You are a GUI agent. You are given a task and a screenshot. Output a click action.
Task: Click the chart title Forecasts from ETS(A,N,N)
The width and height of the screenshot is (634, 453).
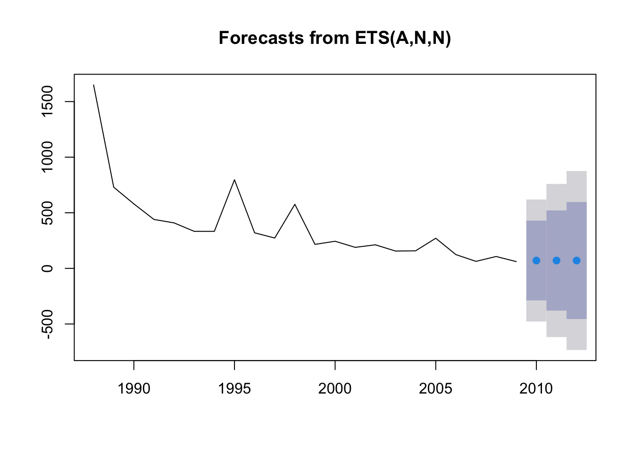(334, 38)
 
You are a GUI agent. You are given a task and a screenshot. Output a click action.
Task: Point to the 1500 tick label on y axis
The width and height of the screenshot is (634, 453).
(47, 101)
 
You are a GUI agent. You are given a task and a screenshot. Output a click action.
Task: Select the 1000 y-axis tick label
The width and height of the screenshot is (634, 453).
(47, 157)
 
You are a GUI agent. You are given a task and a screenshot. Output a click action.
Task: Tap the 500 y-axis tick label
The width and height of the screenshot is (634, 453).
(47, 213)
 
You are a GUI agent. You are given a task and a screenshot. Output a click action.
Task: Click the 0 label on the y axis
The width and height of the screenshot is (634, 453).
(47, 268)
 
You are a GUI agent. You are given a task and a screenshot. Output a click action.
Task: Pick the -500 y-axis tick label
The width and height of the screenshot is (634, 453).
(47, 324)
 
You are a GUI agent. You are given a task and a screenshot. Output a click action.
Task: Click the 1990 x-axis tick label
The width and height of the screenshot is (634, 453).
(134, 389)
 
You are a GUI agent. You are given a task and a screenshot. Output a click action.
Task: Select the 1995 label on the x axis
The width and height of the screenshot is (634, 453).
(234, 389)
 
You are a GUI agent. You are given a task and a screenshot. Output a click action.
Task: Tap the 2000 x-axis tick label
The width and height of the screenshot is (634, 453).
(335, 389)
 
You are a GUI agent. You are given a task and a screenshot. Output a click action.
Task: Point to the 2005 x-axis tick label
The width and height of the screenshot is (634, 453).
(435, 389)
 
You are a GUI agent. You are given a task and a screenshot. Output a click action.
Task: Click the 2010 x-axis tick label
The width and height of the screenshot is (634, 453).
(536, 389)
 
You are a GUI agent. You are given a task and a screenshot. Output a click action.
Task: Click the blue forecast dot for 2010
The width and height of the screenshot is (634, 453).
(536, 260)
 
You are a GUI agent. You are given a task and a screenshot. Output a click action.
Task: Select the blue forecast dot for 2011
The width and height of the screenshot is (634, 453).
(557, 260)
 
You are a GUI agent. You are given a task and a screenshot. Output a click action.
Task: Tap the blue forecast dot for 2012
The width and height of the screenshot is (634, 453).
(576, 260)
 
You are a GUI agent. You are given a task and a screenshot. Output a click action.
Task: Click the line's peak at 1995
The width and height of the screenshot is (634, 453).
(234, 180)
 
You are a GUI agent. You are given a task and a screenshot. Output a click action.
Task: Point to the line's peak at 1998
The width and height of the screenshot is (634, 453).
(295, 204)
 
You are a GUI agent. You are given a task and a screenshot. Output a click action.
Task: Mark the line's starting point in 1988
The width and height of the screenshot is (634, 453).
(94, 85)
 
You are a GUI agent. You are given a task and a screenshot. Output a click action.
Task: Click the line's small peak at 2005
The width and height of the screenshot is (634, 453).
(435, 238)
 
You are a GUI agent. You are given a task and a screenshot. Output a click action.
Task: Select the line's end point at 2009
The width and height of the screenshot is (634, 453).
(516, 261)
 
